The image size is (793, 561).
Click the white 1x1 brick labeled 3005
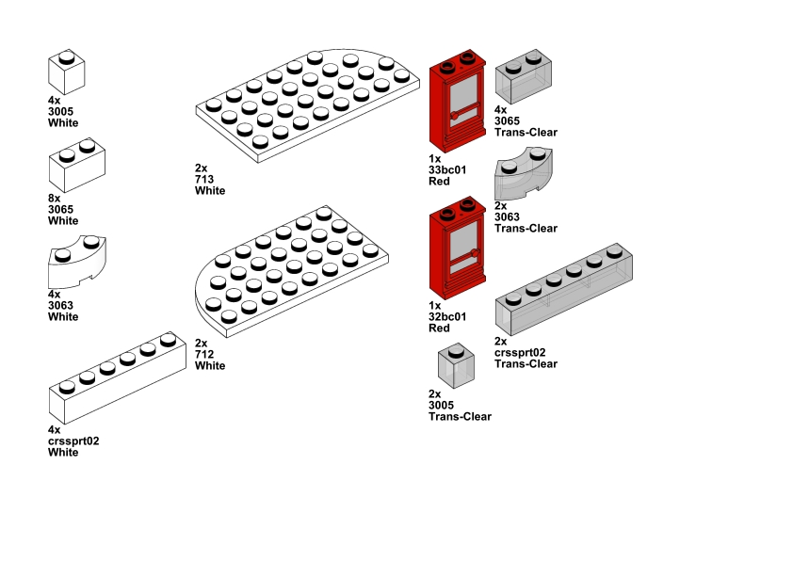coord(66,72)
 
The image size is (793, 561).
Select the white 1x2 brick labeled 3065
coord(77,165)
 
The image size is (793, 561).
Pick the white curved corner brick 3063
coord(77,262)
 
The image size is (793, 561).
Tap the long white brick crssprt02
coord(118,378)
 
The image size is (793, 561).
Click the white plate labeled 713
coord(307,105)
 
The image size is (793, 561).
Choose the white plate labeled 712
coord(292,271)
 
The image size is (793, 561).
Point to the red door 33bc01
coord(458,101)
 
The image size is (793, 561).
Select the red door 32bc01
coord(458,248)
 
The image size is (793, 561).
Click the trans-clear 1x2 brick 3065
coord(524,76)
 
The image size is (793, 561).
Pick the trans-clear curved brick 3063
coord(524,173)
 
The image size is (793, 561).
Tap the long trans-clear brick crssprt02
coord(564,290)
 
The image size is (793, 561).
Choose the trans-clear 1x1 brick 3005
coord(456,366)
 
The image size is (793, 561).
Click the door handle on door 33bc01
coord(454,116)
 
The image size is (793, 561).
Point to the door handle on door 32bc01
coord(475,252)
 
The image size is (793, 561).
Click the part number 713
coord(204,180)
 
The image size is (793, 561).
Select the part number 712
coord(204,354)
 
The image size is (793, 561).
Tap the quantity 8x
coord(54,198)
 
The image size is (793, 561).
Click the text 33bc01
coord(447,169)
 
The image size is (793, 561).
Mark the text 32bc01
coord(447,317)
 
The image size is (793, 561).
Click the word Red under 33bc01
coord(439,182)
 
